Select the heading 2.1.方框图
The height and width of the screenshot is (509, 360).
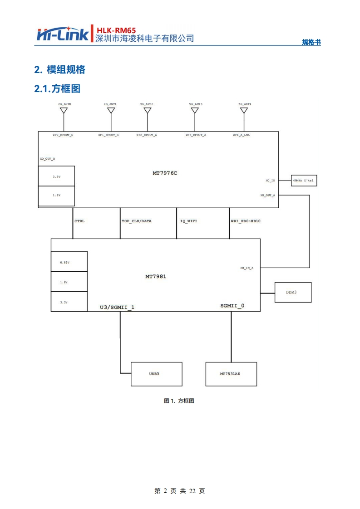click(x=57, y=88)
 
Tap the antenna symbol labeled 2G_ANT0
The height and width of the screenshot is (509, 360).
click(x=64, y=111)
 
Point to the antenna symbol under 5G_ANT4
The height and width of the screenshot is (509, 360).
click(x=244, y=111)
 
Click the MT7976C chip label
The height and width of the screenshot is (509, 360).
click(x=164, y=173)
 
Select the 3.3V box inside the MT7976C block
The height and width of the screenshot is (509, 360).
click(x=56, y=176)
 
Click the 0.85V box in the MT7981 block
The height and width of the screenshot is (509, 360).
click(x=69, y=262)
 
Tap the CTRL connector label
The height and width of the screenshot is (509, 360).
click(x=79, y=221)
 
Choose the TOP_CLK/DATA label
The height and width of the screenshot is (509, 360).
click(x=137, y=221)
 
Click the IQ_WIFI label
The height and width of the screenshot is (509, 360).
click(x=188, y=221)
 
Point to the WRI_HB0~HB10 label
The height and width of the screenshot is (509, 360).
click(x=246, y=221)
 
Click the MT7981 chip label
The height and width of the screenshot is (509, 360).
click(x=156, y=276)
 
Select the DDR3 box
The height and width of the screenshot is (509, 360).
click(x=293, y=292)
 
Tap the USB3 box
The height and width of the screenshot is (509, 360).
click(x=156, y=374)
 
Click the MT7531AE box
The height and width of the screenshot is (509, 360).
click(x=231, y=374)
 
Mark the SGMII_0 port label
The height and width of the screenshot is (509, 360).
click(x=232, y=306)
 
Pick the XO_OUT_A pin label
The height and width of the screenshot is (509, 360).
click(x=267, y=195)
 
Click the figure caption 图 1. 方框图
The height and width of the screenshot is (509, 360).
click(x=179, y=401)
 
